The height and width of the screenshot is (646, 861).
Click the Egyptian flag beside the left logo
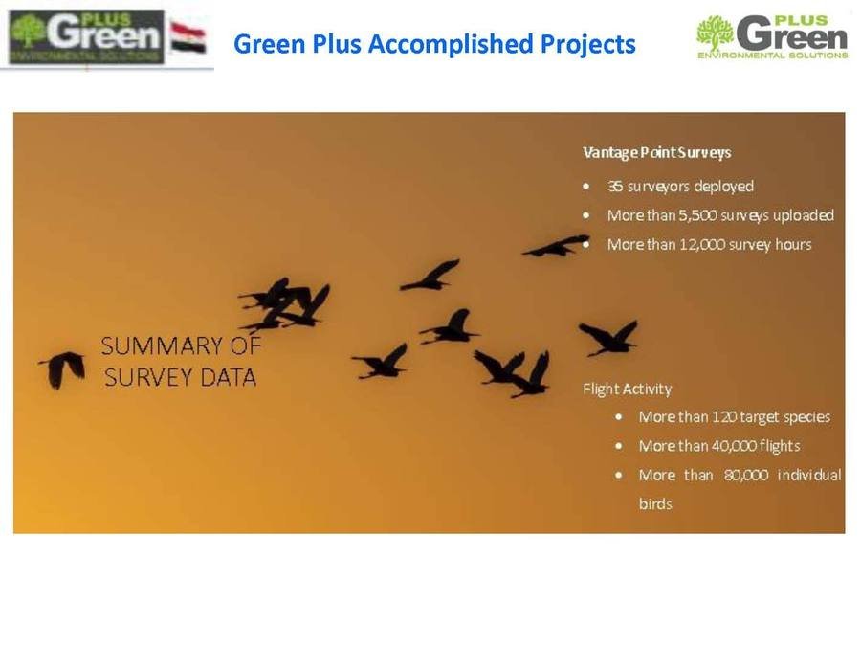click(188, 38)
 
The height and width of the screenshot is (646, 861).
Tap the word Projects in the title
click(587, 44)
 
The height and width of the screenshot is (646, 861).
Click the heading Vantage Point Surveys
click(656, 152)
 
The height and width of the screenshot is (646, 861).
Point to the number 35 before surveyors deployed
click(615, 187)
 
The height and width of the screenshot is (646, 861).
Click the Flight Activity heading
click(627, 389)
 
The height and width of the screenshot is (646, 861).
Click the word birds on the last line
click(655, 503)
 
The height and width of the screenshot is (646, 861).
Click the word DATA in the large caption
click(229, 377)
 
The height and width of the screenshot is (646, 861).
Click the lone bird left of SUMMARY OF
click(62, 369)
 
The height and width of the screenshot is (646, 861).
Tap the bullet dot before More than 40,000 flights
click(619, 446)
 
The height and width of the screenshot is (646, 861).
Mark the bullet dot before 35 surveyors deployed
click(586, 187)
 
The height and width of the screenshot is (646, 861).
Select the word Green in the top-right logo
click(792, 34)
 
